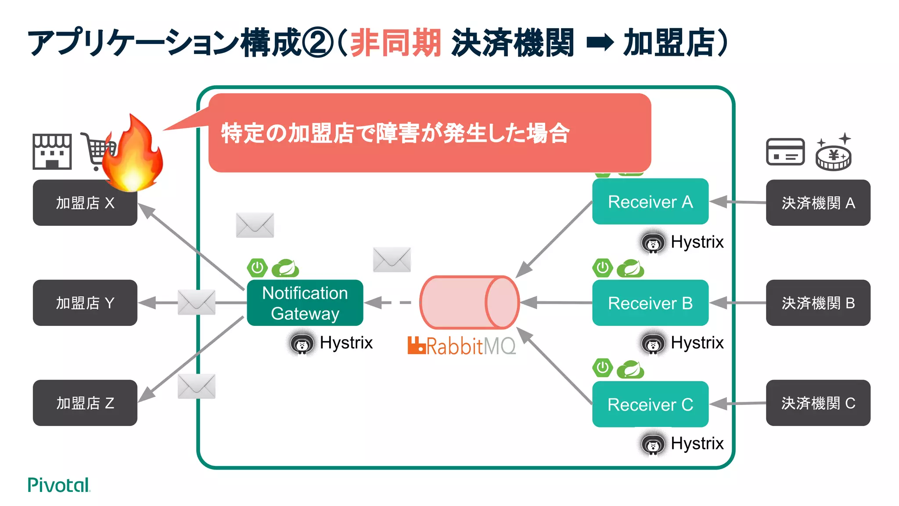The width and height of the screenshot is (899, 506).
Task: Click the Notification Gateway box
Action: click(x=305, y=303)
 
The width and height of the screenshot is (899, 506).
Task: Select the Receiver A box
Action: click(x=650, y=202)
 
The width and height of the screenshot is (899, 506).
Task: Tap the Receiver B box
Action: click(x=650, y=303)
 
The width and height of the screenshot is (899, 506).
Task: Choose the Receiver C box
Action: click(x=650, y=404)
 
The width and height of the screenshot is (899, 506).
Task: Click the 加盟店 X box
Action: click(x=85, y=203)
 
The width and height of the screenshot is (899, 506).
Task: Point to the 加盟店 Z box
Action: click(x=85, y=403)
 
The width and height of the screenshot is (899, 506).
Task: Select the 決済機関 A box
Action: click(x=818, y=203)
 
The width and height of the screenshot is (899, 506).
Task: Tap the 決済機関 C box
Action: click(x=818, y=403)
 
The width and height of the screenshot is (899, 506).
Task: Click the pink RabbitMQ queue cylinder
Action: click(x=469, y=303)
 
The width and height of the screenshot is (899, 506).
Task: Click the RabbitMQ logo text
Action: click(x=462, y=346)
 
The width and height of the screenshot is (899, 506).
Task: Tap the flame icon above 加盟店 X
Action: click(x=133, y=154)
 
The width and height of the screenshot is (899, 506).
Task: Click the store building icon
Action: click(x=52, y=152)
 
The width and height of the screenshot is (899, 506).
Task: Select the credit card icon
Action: click(x=785, y=152)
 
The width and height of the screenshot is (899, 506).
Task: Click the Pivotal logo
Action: click(x=58, y=485)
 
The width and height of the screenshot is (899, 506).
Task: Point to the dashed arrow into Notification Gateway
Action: click(x=388, y=303)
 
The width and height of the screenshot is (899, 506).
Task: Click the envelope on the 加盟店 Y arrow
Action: click(x=196, y=302)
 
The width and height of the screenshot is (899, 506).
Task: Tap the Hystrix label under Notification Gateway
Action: click(x=346, y=343)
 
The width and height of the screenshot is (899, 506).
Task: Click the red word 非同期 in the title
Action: click(x=396, y=43)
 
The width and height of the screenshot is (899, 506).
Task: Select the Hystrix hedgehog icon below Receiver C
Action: click(x=652, y=445)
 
